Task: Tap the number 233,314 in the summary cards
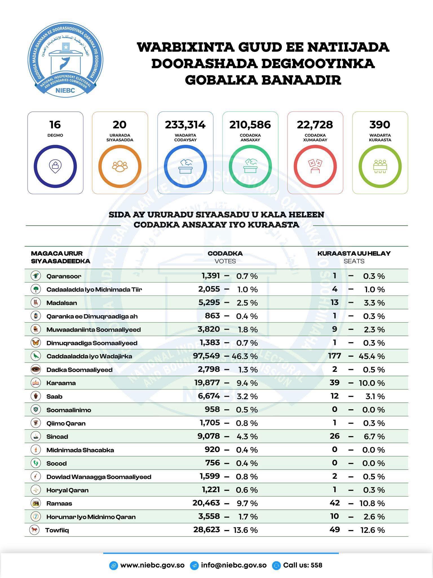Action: [x=185, y=125]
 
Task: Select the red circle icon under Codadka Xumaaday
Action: [x=315, y=167]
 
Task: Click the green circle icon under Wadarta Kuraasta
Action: [x=380, y=167]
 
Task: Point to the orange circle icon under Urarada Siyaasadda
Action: [x=120, y=167]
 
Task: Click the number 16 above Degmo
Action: [x=55, y=125]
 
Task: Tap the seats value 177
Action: [x=334, y=356]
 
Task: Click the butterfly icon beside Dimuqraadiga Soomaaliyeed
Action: [x=36, y=343]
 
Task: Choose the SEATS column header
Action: [x=354, y=261]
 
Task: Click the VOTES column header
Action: [x=225, y=261]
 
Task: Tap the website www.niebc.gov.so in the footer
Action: [x=152, y=565]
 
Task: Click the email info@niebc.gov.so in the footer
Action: [x=234, y=565]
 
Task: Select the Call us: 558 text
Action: [x=302, y=565]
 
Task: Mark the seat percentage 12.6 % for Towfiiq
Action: [x=372, y=530]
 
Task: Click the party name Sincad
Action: [x=57, y=437]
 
